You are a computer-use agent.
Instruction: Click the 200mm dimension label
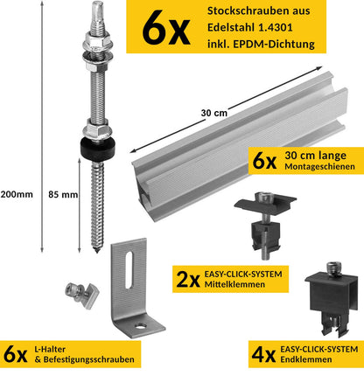(17, 194)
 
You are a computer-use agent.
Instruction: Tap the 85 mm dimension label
(63, 194)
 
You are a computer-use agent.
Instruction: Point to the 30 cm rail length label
(214, 113)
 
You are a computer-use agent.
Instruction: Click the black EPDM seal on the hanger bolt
(98, 149)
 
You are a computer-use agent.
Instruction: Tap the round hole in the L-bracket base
(141, 325)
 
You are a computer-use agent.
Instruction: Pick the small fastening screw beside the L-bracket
(81, 295)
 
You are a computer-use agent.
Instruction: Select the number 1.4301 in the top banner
(275, 27)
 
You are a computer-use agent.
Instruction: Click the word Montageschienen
(319, 167)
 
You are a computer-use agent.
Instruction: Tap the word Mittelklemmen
(234, 284)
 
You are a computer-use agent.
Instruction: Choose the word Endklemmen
(306, 359)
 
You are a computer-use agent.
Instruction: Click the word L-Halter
(50, 349)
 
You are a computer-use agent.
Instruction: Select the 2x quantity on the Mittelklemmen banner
(188, 279)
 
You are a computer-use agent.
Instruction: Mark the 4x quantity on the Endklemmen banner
(263, 354)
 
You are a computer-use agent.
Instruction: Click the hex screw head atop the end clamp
(333, 268)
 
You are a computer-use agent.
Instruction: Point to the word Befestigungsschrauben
(88, 359)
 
